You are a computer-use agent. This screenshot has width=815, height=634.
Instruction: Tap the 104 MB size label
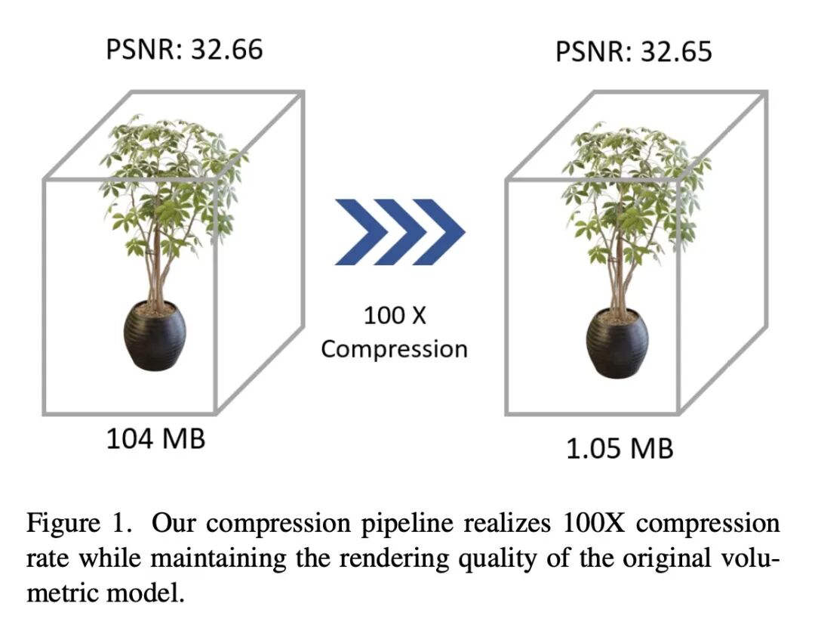pyautogui.click(x=155, y=438)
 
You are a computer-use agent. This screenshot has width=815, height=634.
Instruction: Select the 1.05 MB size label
pyautogui.click(x=620, y=448)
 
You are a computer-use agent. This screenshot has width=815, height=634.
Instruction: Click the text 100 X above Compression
pyautogui.click(x=394, y=315)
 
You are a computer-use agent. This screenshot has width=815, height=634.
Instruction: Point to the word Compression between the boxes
pyautogui.click(x=394, y=348)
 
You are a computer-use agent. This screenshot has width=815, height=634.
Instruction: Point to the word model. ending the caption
pyautogui.click(x=147, y=592)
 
